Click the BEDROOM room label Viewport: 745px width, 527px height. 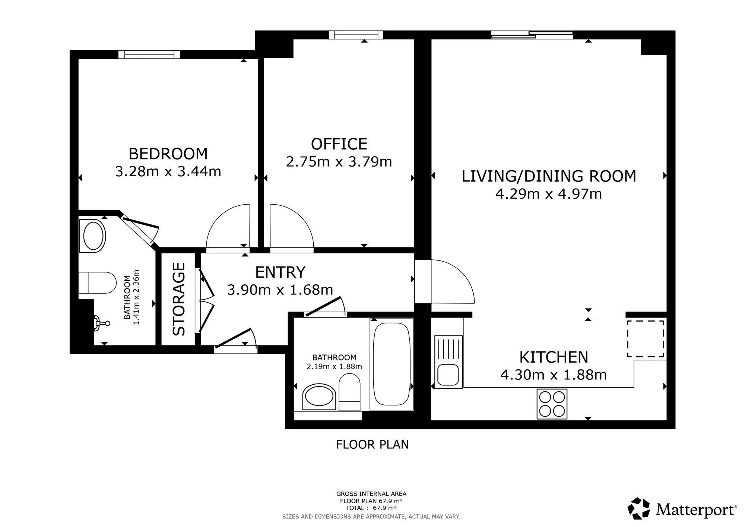(x=168, y=154)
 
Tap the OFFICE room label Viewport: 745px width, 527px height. (x=339, y=144)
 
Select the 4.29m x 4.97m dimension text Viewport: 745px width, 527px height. (x=549, y=194)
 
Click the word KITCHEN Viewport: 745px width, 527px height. (x=554, y=357)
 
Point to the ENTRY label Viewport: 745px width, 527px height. (x=280, y=272)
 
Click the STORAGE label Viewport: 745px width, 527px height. (x=179, y=299)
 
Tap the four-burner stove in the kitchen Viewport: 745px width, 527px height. (x=552, y=404)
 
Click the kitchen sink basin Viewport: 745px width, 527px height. (x=448, y=375)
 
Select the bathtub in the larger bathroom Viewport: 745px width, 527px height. (x=391, y=364)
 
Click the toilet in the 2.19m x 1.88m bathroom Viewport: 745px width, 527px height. (x=349, y=392)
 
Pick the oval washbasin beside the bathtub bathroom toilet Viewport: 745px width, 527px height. (x=319, y=397)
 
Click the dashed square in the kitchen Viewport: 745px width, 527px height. (x=646, y=339)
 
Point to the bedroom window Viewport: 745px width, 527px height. (x=149, y=54)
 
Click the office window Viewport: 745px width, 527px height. (x=356, y=35)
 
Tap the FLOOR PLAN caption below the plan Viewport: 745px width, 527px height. (x=372, y=445)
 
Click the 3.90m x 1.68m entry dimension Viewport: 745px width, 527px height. (x=280, y=290)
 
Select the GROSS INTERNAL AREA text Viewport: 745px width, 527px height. (x=371, y=494)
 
